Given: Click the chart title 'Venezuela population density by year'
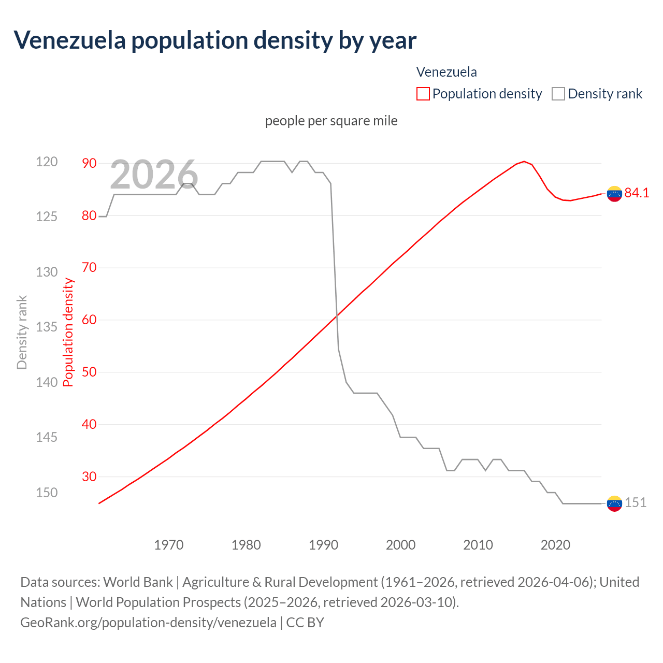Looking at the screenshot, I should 215,40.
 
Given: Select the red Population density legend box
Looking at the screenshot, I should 423,94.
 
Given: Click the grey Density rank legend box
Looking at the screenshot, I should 558,94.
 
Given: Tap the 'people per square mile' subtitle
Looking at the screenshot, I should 331,121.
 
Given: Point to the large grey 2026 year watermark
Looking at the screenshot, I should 154,175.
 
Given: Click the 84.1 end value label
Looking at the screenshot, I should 637,193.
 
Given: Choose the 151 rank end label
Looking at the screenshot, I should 636,502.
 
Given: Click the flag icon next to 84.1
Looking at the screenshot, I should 614,193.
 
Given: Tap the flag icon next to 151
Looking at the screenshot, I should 614,503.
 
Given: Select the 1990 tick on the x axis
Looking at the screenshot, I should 323,545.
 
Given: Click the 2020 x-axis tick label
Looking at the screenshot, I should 555,545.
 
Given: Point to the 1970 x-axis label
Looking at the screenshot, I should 169,545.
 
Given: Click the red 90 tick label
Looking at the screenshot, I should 89,163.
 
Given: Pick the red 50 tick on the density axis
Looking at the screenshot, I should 89,372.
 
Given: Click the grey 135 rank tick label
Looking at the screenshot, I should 47,327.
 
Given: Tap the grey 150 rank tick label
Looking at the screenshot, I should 47,493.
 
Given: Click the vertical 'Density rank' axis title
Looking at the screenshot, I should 22,332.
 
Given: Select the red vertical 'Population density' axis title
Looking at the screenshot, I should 68,332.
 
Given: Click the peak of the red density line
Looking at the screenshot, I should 524,162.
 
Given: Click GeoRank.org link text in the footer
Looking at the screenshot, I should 148,622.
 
